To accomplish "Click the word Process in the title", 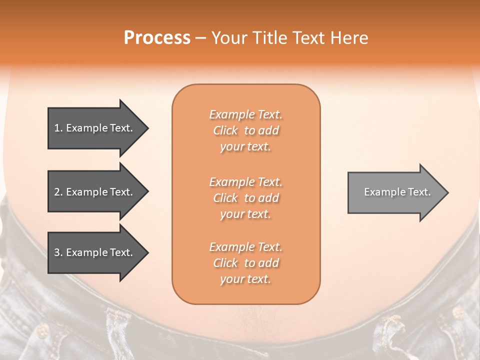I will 157,38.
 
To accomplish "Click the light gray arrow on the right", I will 395,192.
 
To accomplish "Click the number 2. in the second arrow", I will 58,192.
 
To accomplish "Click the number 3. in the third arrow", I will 58,252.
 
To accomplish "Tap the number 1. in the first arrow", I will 58,128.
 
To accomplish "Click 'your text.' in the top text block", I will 245,147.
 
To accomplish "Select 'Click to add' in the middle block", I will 245,198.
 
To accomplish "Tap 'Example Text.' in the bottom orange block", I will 245,247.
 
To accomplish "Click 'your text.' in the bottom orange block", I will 245,279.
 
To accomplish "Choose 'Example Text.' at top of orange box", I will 245,114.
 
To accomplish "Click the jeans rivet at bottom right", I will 457,313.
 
